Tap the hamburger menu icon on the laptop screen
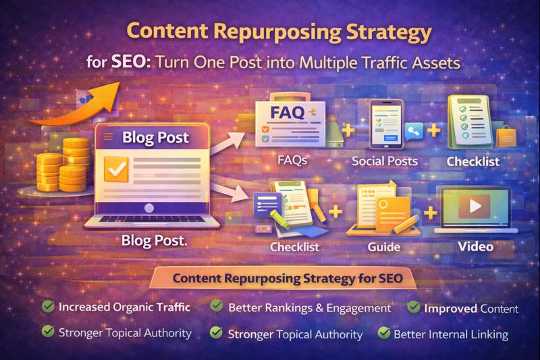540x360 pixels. click(x=107, y=137)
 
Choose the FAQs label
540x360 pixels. click(x=293, y=161)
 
